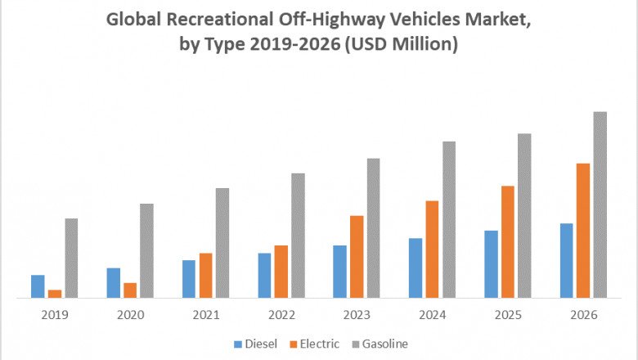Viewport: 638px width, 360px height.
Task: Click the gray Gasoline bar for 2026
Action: point(600,205)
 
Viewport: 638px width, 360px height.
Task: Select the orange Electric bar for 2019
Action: point(55,293)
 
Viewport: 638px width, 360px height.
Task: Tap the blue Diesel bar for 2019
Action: point(38,286)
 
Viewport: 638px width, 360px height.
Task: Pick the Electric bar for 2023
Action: point(357,256)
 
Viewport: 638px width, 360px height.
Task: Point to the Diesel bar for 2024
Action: point(416,268)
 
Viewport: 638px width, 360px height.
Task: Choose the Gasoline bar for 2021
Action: point(222,243)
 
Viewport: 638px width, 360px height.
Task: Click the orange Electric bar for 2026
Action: point(583,230)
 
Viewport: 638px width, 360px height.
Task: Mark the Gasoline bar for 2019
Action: point(71,258)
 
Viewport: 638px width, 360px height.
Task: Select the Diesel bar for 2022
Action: point(264,275)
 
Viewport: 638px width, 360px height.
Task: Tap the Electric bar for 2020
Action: point(130,290)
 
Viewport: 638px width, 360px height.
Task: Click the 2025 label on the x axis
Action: point(507,315)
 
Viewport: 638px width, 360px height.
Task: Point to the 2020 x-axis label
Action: point(130,315)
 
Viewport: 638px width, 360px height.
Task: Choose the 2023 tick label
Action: point(357,315)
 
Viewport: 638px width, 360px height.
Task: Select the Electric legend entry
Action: point(318,344)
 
